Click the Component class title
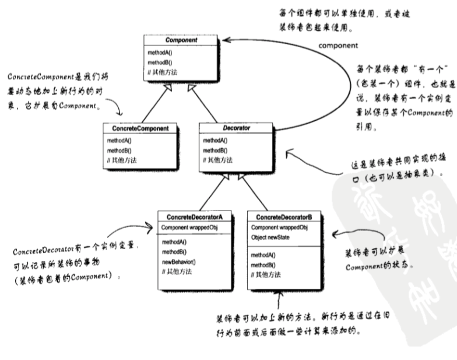pos(181,40)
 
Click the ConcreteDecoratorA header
pos(195,217)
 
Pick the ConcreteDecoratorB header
pos(284,217)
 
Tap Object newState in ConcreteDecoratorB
pos(271,238)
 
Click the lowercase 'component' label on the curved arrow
pos(338,45)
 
